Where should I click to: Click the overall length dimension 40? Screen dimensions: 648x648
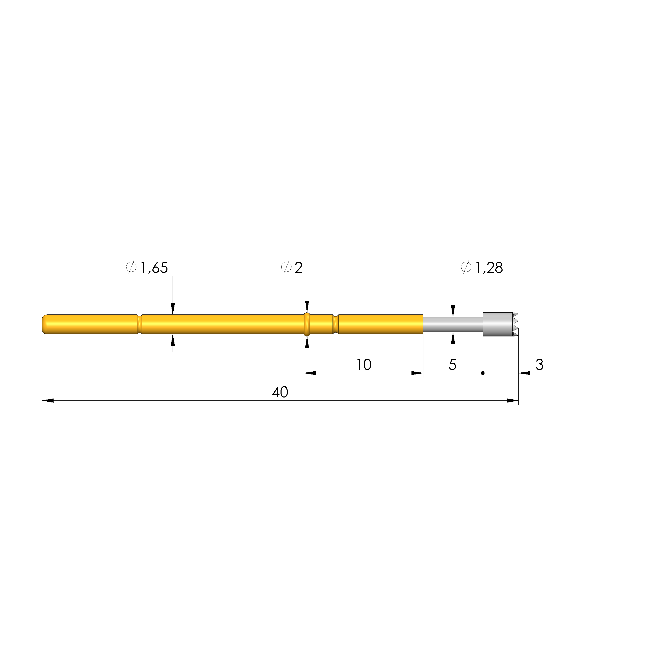pyautogui.click(x=280, y=392)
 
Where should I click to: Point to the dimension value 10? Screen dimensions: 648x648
pyautogui.click(x=364, y=365)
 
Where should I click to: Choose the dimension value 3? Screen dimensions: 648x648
pyautogui.click(x=539, y=365)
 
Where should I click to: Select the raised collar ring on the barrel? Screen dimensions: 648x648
pyautogui.click(x=307, y=324)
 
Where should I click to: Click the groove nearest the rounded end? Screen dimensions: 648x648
pyautogui.click(x=140, y=324)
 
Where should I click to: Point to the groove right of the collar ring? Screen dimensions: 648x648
pyautogui.click(x=335, y=324)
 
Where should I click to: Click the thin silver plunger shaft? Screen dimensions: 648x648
pyautogui.click(x=453, y=324)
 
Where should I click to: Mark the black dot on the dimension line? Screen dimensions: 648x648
pyautogui.click(x=483, y=373)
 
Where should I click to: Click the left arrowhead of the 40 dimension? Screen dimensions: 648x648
pyautogui.click(x=48, y=401)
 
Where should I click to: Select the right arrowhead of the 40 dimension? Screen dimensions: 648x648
pyautogui.click(x=512, y=401)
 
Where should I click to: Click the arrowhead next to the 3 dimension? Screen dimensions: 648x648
pyautogui.click(x=525, y=373)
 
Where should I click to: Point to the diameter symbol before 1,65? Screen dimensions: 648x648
pyautogui.click(x=131, y=267)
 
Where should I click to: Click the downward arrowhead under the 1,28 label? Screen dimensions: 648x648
pyautogui.click(x=453, y=310)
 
